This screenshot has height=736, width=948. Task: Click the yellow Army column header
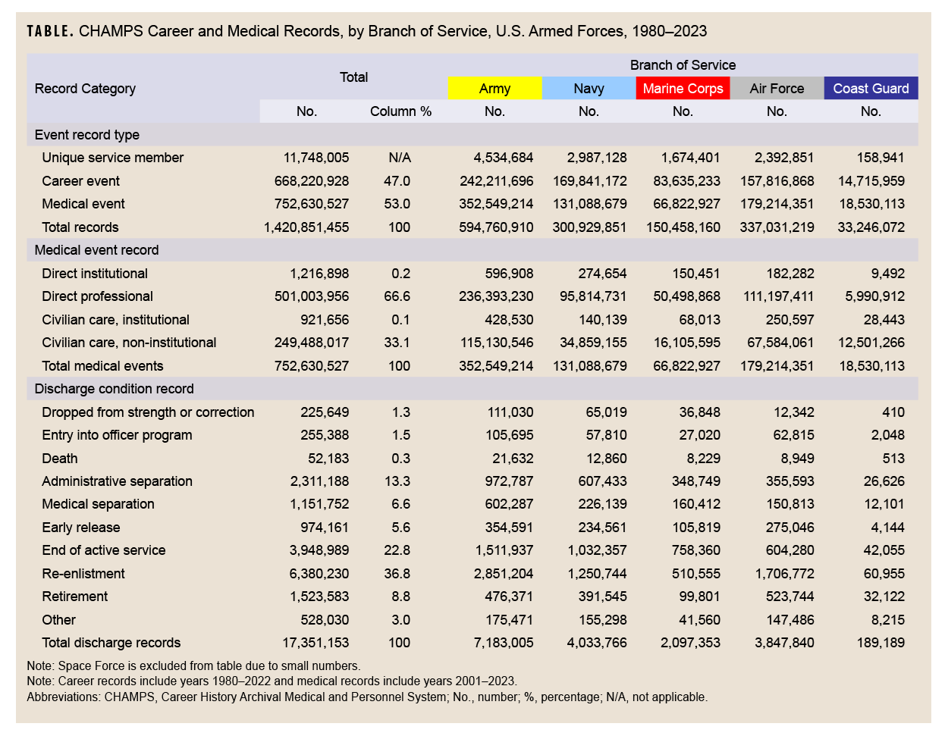click(x=494, y=89)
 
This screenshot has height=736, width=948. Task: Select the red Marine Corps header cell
click(x=683, y=89)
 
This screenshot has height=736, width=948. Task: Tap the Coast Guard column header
click(x=871, y=89)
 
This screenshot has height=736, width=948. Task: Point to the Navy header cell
click(x=589, y=89)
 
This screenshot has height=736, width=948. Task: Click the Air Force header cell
click(x=777, y=89)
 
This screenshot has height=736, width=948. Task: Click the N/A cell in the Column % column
click(x=400, y=158)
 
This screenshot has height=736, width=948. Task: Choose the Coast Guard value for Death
click(x=893, y=459)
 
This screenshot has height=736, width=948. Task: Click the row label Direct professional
click(x=97, y=296)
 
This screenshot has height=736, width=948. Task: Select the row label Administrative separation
click(x=117, y=481)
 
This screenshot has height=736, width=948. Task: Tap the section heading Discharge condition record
click(x=114, y=389)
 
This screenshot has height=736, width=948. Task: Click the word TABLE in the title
click(x=50, y=32)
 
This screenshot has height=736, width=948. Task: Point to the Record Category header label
click(x=85, y=89)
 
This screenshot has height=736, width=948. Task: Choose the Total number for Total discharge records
click(x=315, y=643)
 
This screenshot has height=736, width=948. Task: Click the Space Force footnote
click(x=193, y=666)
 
